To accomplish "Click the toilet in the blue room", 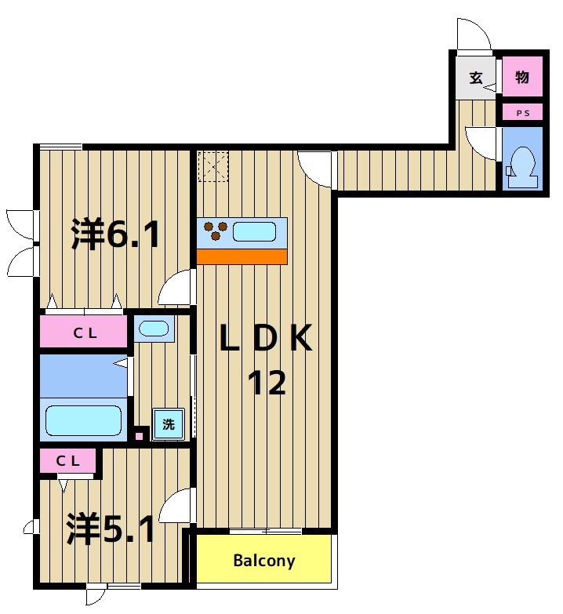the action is pos(523,168).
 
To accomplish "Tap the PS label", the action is pos(523,113).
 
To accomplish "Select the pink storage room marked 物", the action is pos(523,76).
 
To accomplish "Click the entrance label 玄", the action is pos(476,78).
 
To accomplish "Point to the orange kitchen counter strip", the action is pos(242,257).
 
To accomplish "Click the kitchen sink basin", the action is pos(255,231).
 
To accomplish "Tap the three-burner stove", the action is pos(215,230).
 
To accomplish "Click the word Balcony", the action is pos(264,561).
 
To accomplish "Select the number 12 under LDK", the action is pos(267,382).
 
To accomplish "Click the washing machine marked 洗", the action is pos(169,423).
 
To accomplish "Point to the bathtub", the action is pos(83,420).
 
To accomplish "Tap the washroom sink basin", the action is pos(154,329).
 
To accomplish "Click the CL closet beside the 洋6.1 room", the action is pos(84,332).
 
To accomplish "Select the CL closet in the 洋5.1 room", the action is pos(67,461).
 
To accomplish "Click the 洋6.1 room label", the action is pos(116,234).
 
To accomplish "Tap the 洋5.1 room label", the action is pos(111,529).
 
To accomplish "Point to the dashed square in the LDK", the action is pos(213,167).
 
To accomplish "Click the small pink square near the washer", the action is pos(139,436).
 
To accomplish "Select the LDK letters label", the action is pos(266,338).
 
